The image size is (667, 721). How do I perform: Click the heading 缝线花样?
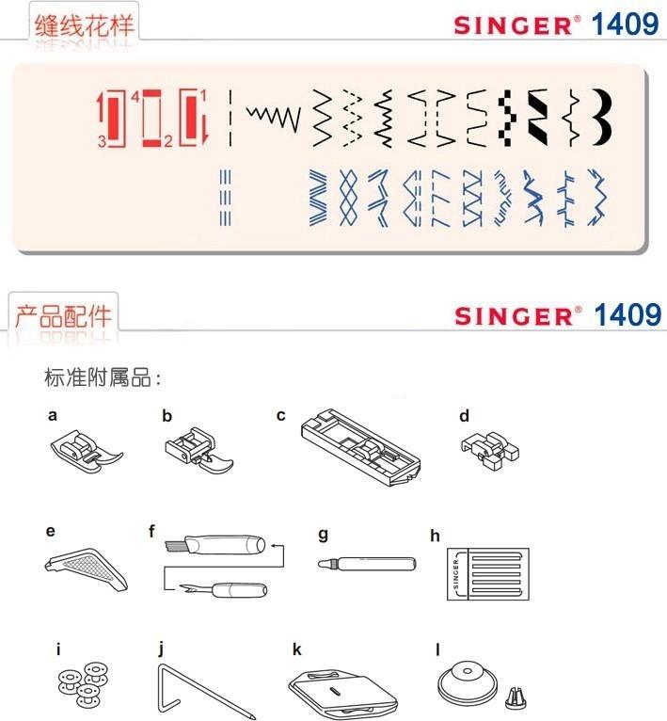(x=84, y=25)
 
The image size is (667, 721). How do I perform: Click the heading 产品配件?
(x=63, y=316)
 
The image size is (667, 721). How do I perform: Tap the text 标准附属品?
(x=98, y=377)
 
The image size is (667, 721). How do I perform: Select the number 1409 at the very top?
(x=625, y=24)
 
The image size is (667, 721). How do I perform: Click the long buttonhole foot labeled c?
(x=361, y=446)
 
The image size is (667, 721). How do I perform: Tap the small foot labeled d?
(x=490, y=450)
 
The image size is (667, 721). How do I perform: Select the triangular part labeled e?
(x=87, y=569)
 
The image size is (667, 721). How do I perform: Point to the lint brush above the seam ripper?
(x=215, y=544)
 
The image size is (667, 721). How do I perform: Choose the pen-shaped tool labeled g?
(x=367, y=563)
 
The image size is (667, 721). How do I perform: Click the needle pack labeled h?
(x=488, y=574)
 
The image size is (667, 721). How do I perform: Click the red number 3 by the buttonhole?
(x=102, y=141)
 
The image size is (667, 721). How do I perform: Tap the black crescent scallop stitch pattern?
(x=603, y=118)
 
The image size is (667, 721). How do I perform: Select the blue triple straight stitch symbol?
(x=225, y=198)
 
